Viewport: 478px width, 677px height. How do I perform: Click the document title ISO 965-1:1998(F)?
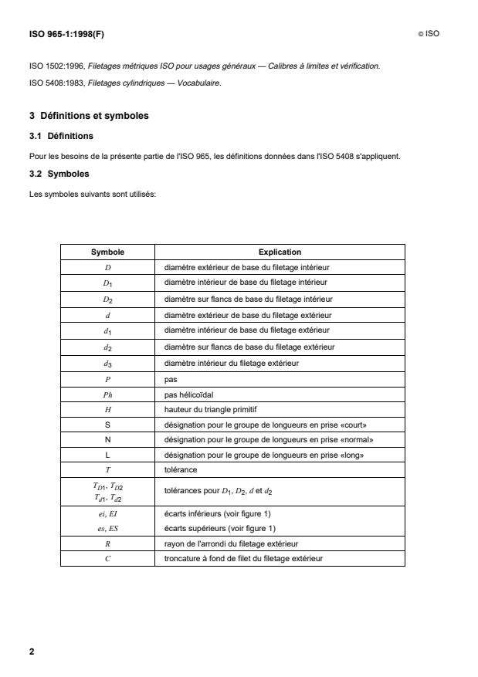[66, 33]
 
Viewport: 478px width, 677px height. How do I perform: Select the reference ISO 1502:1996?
[53, 66]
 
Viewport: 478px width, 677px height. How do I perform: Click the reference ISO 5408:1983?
[53, 83]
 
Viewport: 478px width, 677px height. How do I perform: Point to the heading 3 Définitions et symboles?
[88, 117]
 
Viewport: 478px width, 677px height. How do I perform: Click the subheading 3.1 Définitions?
[61, 136]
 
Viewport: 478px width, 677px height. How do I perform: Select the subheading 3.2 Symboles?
[59, 174]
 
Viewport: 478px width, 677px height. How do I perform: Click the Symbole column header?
[107, 252]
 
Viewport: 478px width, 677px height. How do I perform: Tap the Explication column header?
[280, 252]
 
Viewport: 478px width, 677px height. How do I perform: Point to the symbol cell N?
[107, 439]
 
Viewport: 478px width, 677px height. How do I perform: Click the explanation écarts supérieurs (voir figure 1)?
[219, 528]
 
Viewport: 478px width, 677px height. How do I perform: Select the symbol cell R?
[107, 543]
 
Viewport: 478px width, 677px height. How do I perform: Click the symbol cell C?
[107, 558]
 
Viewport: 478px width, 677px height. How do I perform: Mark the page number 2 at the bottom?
[32, 652]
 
